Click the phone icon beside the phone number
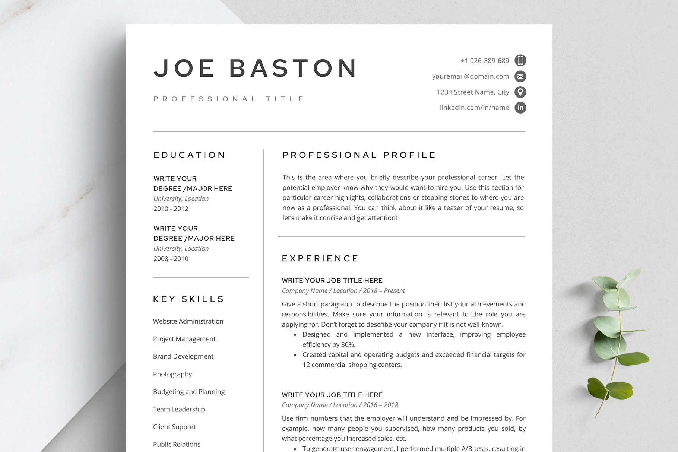pyautogui.click(x=520, y=60)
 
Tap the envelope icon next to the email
pyautogui.click(x=520, y=76)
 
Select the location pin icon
pyautogui.click(x=520, y=92)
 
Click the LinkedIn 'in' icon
pyautogui.click(x=520, y=108)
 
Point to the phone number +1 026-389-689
pyautogui.click(x=484, y=61)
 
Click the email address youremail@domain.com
pyautogui.click(x=470, y=76)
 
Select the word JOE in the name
pyautogui.click(x=184, y=69)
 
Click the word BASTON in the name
pyautogui.click(x=293, y=69)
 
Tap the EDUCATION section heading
pyautogui.click(x=189, y=155)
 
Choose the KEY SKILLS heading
pyautogui.click(x=188, y=299)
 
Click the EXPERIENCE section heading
pyautogui.click(x=320, y=258)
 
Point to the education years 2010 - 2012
pyautogui.click(x=171, y=209)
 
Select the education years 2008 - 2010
pyautogui.click(x=171, y=258)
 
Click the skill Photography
pyautogui.click(x=172, y=374)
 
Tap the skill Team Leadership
pyautogui.click(x=179, y=409)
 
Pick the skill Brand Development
pyautogui.click(x=183, y=356)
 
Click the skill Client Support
pyautogui.click(x=174, y=427)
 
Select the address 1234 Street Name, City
pyautogui.click(x=473, y=92)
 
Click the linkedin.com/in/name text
pyautogui.click(x=474, y=108)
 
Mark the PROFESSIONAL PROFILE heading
pyautogui.click(x=359, y=155)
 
